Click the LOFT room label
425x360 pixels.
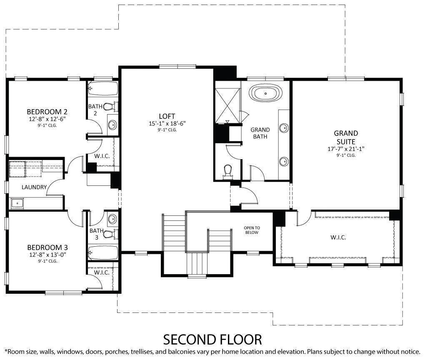coord(167,116)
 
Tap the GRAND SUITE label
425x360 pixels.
coord(346,137)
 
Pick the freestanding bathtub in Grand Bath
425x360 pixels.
coord(265,93)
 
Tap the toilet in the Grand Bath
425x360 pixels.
coord(227,171)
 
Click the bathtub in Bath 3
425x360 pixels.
coord(103,252)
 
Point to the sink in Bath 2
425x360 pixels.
coord(112,124)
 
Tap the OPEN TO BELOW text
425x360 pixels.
coord(252,230)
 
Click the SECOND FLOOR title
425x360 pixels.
coord(212,339)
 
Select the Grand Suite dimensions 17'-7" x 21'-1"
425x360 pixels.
coord(346,149)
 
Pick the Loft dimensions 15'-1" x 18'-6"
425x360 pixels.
coord(167,123)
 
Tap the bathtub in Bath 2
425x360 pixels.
coord(103,88)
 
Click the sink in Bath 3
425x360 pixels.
coord(112,218)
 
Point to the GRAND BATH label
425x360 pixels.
coord(260,133)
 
